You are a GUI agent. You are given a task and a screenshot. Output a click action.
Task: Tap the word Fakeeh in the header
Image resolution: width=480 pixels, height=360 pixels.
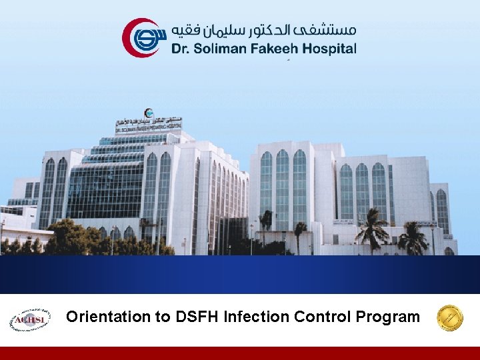pos(274,48)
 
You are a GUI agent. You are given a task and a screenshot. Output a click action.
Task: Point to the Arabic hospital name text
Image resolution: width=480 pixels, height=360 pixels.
pos(264,30)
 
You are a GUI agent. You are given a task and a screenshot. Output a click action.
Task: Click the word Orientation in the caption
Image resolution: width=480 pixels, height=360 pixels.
pos(109,317)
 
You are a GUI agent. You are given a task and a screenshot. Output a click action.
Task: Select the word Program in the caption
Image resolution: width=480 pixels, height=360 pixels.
pos(388,317)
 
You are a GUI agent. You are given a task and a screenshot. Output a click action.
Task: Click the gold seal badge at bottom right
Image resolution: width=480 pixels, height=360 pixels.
pos(449,318)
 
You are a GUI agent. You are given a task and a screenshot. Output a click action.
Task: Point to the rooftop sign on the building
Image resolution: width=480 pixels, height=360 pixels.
pos(148,126)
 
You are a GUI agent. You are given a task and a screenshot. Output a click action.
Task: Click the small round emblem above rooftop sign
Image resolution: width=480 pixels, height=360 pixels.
pos(147,113)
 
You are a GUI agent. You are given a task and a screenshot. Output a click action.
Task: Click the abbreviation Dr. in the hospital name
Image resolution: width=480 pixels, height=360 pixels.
pos(181,48)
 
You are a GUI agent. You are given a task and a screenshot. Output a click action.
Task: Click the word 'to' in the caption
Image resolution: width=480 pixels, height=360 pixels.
pos(164,317)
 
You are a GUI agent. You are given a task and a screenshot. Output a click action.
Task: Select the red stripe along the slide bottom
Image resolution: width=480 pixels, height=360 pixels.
pos(240,353)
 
